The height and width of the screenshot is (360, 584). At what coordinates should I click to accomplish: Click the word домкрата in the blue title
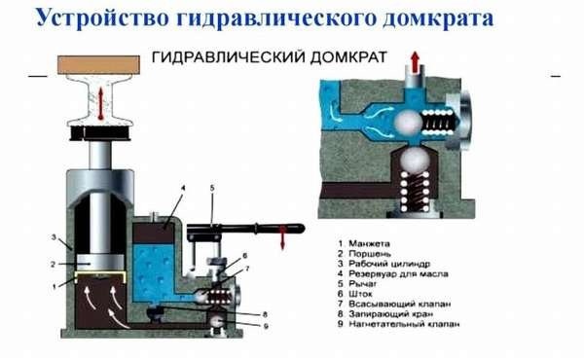[438, 18]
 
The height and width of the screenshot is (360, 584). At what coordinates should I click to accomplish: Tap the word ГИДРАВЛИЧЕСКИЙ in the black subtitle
[228, 57]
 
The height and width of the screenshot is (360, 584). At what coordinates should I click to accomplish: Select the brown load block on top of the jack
[98, 65]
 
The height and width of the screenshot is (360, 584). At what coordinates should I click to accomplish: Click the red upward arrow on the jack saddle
[100, 103]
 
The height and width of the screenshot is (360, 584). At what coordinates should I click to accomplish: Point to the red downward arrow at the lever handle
[282, 237]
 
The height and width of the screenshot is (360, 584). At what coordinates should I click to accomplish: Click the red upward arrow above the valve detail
[416, 61]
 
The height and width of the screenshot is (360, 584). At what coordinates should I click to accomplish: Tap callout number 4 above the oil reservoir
[183, 188]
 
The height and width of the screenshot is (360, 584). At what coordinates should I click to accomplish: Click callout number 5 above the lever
[212, 188]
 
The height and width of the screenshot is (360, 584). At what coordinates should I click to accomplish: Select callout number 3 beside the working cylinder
[54, 236]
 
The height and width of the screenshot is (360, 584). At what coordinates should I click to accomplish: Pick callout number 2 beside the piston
[53, 265]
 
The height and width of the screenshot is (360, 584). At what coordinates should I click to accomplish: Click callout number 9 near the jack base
[265, 326]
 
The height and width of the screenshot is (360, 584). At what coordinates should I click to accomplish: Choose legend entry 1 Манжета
[364, 244]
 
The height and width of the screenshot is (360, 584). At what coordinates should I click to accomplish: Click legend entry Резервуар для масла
[392, 274]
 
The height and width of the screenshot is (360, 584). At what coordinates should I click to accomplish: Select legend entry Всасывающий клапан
[394, 304]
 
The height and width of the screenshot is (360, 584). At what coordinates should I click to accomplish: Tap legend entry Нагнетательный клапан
[398, 324]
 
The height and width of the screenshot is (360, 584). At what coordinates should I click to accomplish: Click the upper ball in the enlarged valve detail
[408, 123]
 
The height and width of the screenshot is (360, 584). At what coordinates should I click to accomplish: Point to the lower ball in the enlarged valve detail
[415, 159]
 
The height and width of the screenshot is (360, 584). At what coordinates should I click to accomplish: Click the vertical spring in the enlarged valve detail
[415, 192]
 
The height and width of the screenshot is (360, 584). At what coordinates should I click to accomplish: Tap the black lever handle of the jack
[246, 229]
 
